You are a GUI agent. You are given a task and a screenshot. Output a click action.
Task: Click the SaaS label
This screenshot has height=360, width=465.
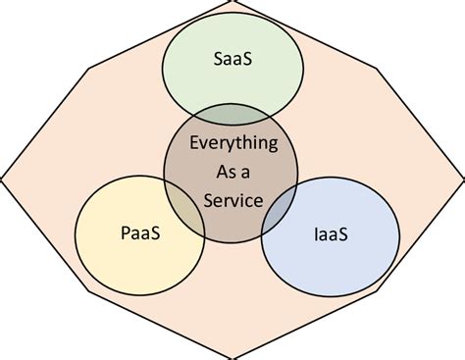(232, 58)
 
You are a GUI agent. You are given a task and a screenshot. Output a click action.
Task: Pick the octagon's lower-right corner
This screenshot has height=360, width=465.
(378, 290)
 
